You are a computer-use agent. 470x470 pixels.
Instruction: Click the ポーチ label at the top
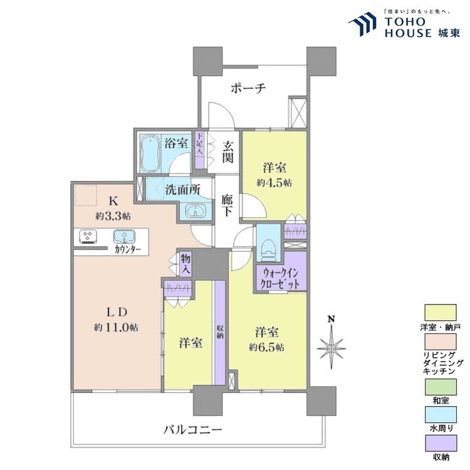point(248,88)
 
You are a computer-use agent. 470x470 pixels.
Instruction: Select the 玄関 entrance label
point(227,152)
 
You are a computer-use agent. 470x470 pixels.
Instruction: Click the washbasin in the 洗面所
point(196,211)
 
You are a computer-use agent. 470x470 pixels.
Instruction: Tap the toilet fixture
point(269,248)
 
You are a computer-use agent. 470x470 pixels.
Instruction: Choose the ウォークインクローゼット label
point(280,278)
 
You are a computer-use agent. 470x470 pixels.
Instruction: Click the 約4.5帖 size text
point(274,183)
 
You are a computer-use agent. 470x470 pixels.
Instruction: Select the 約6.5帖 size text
point(266,347)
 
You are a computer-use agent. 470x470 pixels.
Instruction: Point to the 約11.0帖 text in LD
point(116,328)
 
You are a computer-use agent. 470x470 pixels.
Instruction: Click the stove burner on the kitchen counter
point(88,236)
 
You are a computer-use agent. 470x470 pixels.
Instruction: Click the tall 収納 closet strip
point(220,332)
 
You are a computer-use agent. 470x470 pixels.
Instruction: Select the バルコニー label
point(193,430)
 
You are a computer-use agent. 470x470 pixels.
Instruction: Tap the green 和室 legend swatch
point(441,387)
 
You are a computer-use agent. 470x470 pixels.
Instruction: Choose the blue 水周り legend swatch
point(441,415)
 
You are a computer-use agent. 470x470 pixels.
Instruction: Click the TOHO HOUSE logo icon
point(363,24)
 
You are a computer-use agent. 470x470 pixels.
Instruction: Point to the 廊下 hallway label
point(227,206)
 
